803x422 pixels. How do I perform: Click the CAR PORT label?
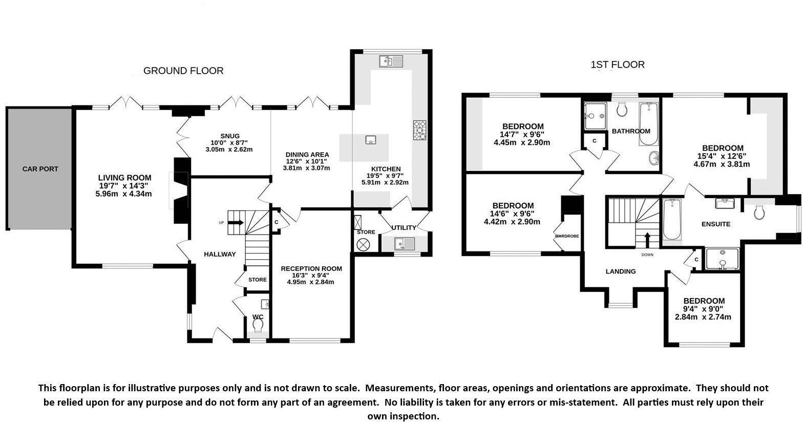(x=40, y=169)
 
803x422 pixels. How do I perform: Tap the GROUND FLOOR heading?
(x=183, y=71)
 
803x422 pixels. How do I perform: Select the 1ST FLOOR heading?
(x=618, y=65)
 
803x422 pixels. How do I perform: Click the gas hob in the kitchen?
(x=419, y=130)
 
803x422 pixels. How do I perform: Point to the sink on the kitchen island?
(x=369, y=140)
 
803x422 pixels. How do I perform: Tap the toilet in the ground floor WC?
(x=258, y=324)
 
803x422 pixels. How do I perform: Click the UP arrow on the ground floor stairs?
(x=236, y=222)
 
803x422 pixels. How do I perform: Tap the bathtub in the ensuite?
(x=671, y=220)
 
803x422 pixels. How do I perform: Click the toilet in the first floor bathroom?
(x=623, y=109)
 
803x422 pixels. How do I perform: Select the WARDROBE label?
(x=566, y=236)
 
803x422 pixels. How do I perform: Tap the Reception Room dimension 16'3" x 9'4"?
(x=311, y=275)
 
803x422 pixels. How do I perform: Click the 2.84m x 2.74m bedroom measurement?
(x=703, y=317)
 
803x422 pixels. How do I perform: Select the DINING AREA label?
(x=307, y=154)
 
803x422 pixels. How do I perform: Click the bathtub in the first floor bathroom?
(x=649, y=124)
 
